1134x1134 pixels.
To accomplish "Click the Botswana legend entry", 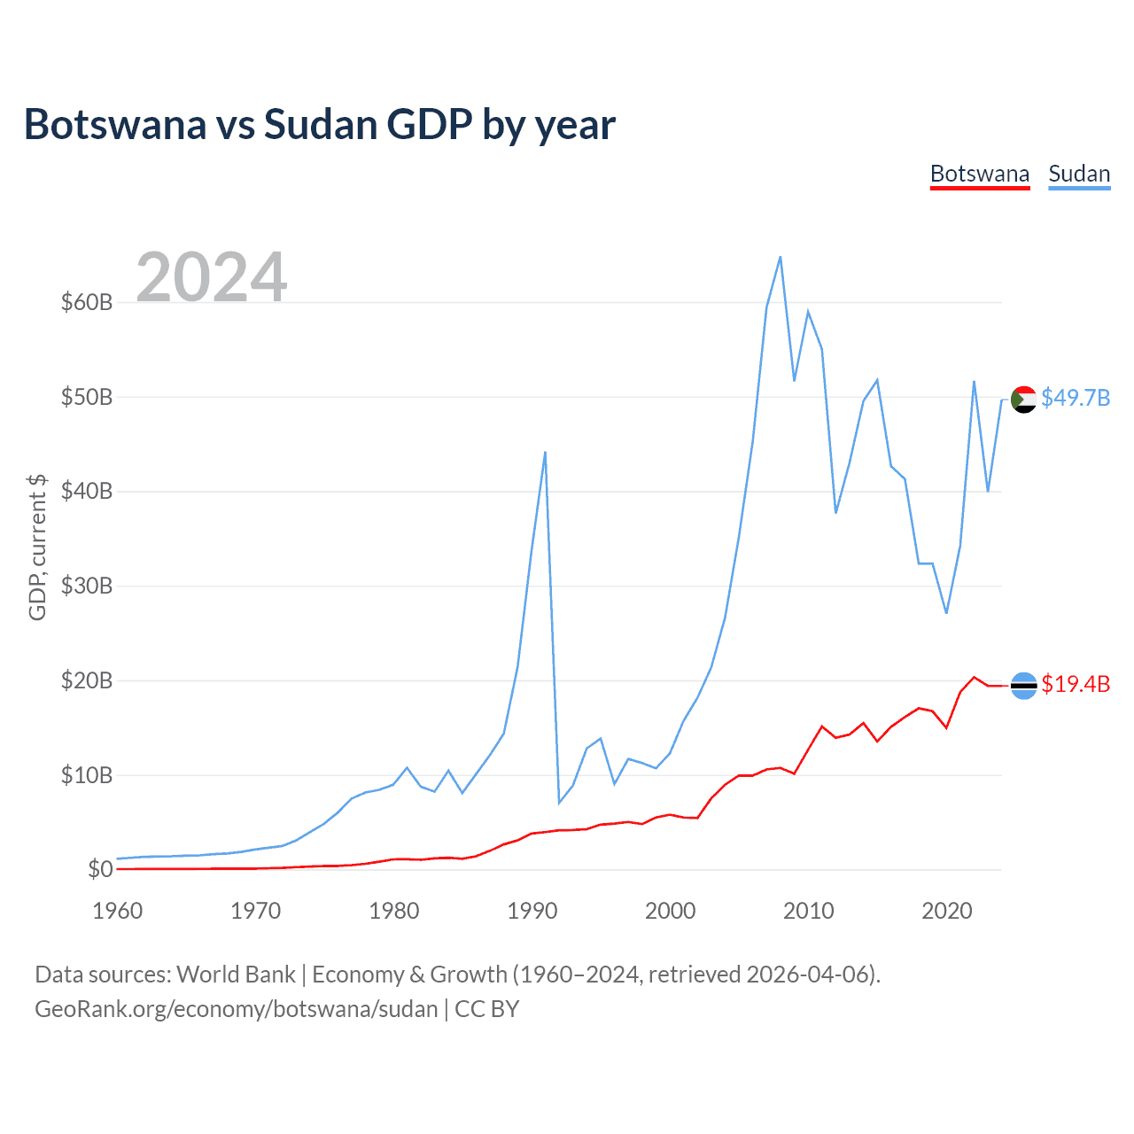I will [980, 174].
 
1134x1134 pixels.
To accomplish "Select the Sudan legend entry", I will [1079, 174].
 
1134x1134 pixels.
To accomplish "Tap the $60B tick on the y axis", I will [87, 302].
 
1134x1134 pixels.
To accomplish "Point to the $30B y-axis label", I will [87, 586].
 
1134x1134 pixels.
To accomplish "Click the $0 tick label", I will [100, 869].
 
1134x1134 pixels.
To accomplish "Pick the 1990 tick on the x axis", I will [532, 911].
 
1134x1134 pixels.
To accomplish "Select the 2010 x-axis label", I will [808, 911].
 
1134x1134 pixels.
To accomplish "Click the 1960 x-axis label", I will [118, 911].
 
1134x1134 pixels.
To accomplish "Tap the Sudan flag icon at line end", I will [1023, 400].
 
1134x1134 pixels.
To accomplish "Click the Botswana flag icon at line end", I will [1023, 685].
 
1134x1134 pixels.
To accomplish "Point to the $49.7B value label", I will [1076, 398].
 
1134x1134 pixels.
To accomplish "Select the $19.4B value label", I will [1076, 684].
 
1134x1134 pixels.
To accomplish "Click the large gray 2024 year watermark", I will [211, 277].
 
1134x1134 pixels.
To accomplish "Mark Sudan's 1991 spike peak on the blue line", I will [545, 452].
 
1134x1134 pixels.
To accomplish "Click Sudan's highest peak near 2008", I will [780, 257].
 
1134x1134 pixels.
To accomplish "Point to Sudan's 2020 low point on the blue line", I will [946, 613].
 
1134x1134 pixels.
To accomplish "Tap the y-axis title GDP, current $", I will [37, 548].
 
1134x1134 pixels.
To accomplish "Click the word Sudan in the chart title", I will [320, 125].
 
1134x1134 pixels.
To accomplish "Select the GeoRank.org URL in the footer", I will [237, 1009].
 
